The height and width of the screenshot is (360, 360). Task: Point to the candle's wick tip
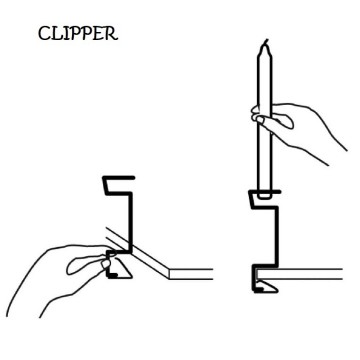pyautogui.click(x=264, y=41)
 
